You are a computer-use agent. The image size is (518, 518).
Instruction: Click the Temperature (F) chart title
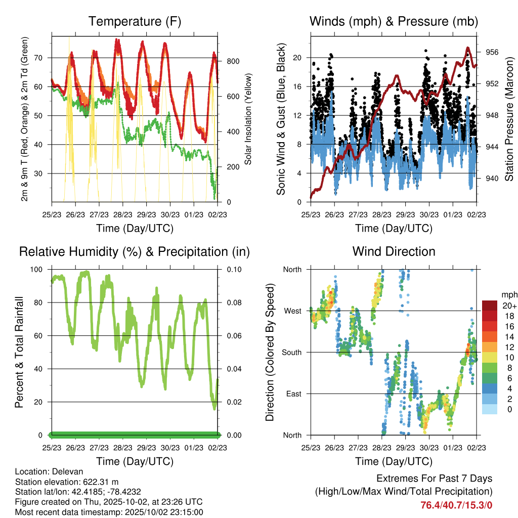point(134,21)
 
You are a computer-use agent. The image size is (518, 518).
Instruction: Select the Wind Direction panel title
point(394,251)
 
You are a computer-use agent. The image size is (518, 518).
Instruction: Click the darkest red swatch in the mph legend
point(490,306)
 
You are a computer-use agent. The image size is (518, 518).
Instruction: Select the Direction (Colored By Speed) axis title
point(270,352)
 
